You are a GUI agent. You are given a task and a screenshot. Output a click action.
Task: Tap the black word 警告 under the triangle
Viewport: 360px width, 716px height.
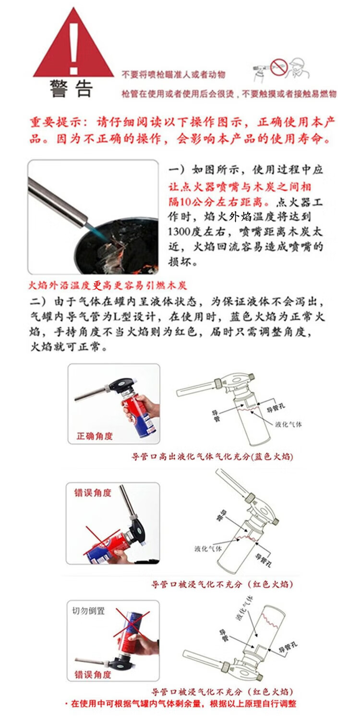tap(71, 88)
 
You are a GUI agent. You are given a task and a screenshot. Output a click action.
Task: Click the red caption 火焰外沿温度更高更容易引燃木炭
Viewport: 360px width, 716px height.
tap(107, 285)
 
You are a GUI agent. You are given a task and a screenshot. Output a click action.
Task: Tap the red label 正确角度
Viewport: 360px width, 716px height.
tap(95, 436)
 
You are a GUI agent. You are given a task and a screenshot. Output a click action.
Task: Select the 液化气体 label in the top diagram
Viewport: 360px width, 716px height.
tap(288, 425)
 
